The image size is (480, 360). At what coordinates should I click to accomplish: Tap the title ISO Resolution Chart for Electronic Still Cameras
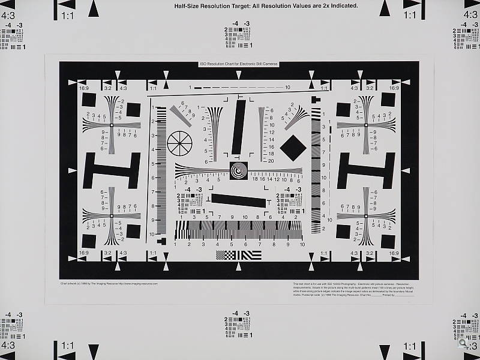[239, 64]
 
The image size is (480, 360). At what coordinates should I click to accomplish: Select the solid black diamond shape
[293, 148]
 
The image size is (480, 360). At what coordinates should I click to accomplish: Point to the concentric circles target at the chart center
[238, 171]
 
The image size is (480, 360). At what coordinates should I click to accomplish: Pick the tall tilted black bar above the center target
[239, 127]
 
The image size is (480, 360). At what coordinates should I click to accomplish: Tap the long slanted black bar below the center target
[239, 200]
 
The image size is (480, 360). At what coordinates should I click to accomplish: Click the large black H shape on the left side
[112, 170]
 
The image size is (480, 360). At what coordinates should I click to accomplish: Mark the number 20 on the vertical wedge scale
[271, 161]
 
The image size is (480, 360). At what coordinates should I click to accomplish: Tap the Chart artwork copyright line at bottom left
[109, 283]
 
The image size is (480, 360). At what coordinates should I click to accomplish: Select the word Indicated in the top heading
[341, 6]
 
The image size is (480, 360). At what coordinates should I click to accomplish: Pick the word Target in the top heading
[230, 6]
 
